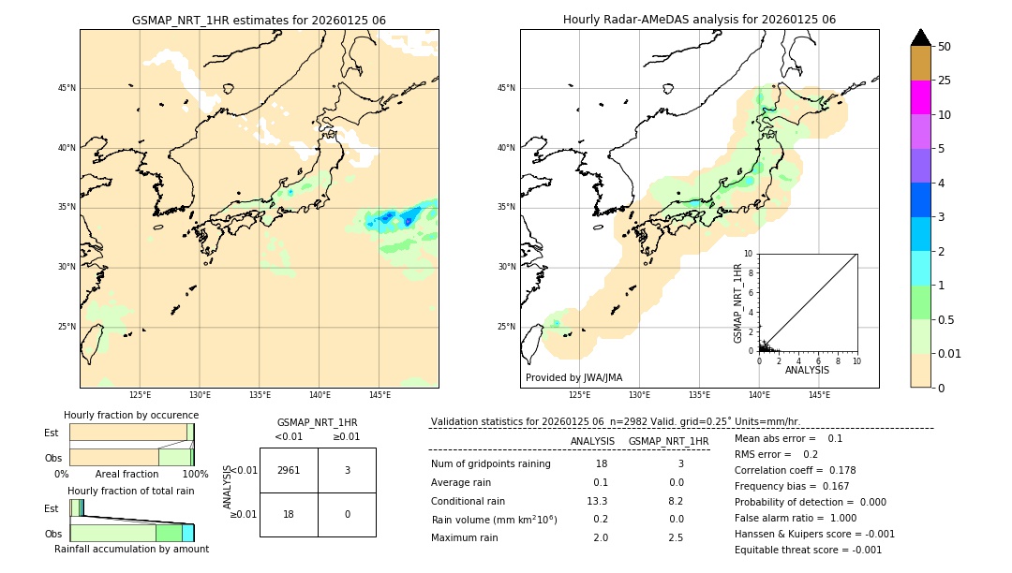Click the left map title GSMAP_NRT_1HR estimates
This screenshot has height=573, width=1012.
pyautogui.click(x=259, y=20)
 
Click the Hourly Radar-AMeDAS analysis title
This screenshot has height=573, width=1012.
pyautogui.click(x=699, y=20)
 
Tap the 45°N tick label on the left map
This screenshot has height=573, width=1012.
pyautogui.click(x=67, y=88)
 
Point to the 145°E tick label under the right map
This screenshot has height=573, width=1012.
pyautogui.click(x=819, y=395)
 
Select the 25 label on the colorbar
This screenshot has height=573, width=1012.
pyautogui.click(x=944, y=81)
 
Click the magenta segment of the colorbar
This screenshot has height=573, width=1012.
pyautogui.click(x=920, y=97)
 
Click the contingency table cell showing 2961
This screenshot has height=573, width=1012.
pyautogui.click(x=289, y=470)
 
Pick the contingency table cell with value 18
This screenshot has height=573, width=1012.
pyautogui.click(x=289, y=514)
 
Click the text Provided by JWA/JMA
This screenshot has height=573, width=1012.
pyautogui.click(x=573, y=377)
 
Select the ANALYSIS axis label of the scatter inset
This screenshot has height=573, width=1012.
pyautogui.click(x=807, y=370)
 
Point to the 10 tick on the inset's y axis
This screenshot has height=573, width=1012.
pyautogui.click(x=750, y=254)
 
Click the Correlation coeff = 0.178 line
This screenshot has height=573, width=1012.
pyautogui.click(x=795, y=470)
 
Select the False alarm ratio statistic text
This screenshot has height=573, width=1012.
pyautogui.click(x=796, y=518)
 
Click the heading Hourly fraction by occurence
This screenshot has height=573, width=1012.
pyautogui.click(x=131, y=415)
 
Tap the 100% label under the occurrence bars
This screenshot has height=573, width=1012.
pyautogui.click(x=194, y=474)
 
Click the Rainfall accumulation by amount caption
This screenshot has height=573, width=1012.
pyautogui.click(x=131, y=549)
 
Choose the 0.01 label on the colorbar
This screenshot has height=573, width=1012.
pyautogui.click(x=949, y=353)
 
